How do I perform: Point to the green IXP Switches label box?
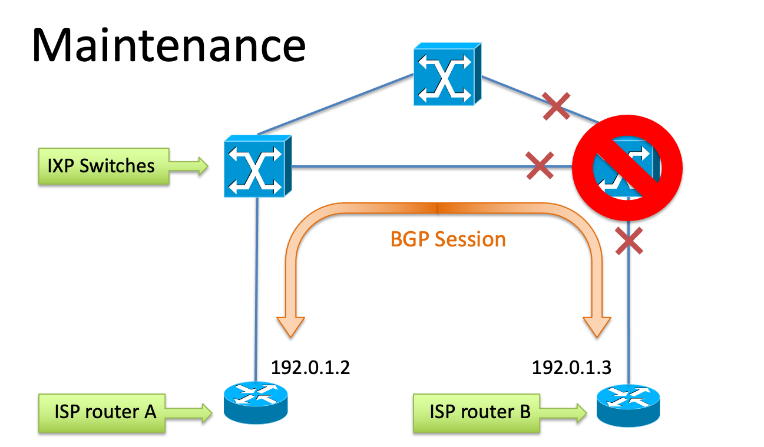point(101,166)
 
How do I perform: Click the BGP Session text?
point(448,239)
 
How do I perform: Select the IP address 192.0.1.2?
point(310,368)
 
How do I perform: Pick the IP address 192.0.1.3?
point(571,368)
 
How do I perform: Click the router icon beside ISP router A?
point(255,401)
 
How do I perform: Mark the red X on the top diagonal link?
point(556,106)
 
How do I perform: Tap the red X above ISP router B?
point(629,241)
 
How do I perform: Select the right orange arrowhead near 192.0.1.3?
point(598,325)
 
